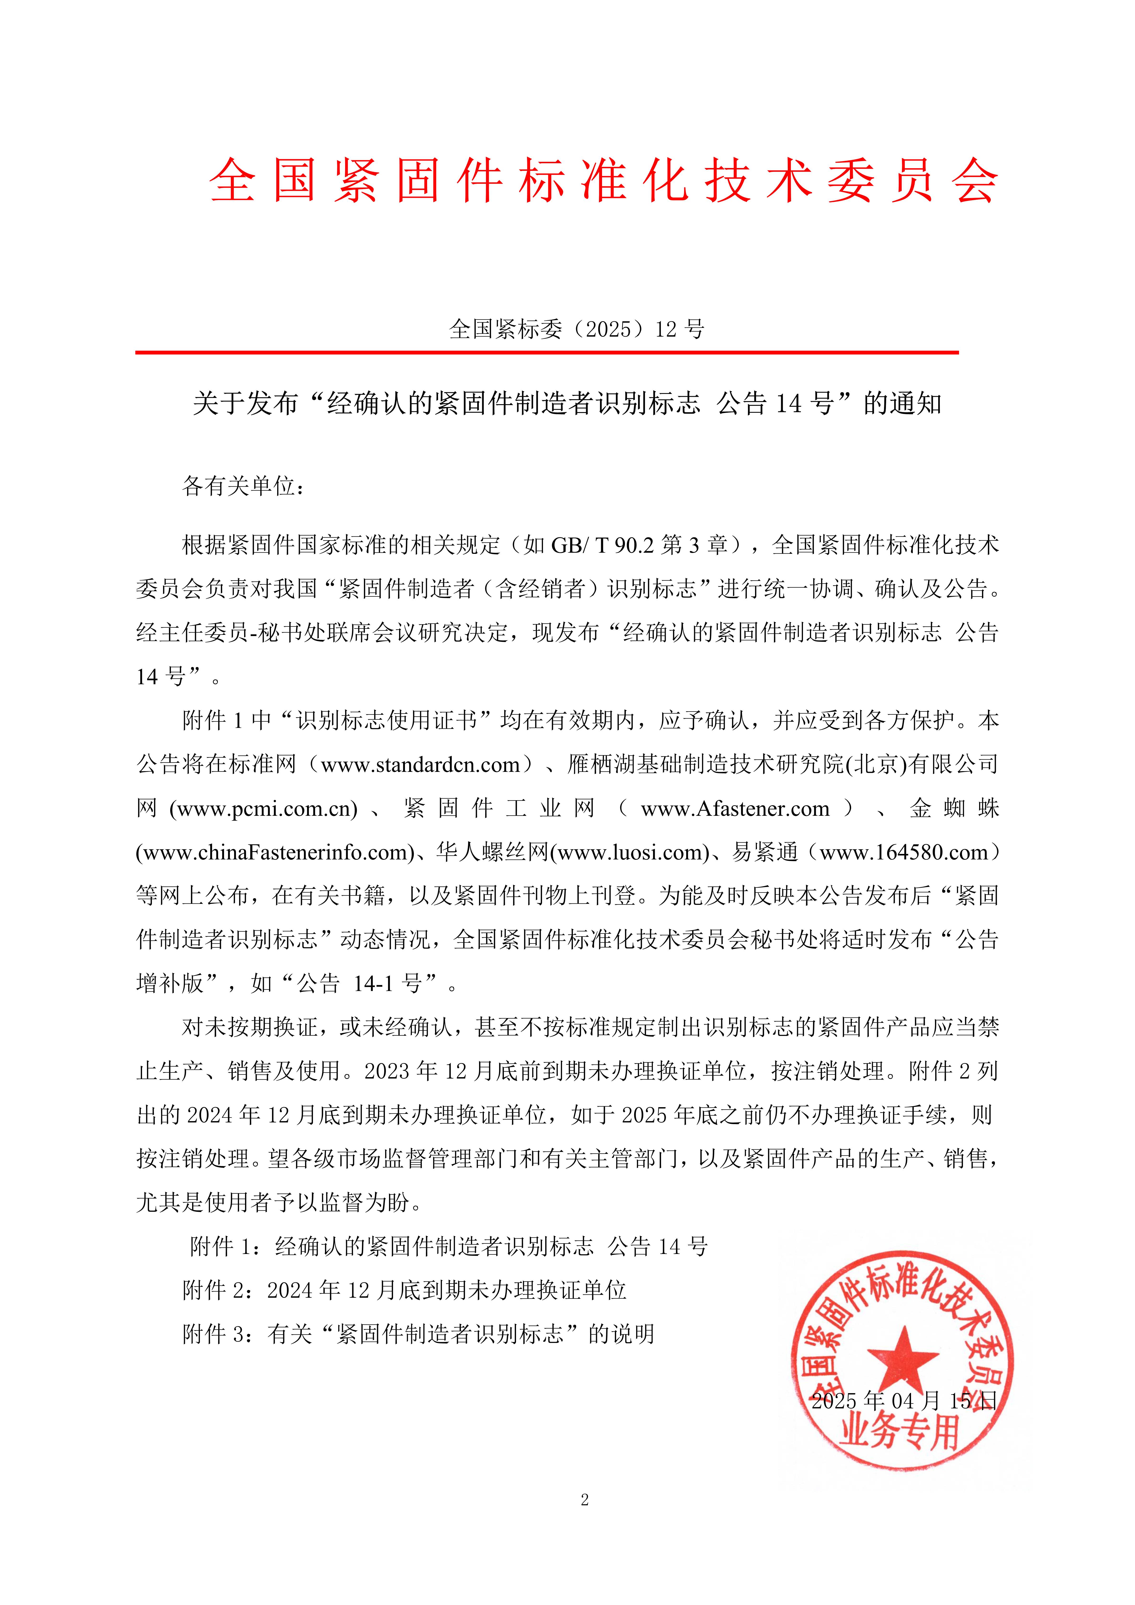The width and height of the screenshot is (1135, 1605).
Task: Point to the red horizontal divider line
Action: coord(547,352)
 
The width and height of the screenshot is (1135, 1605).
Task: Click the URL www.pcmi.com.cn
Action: coord(263,809)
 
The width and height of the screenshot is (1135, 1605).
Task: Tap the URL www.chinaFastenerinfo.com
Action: coord(275,853)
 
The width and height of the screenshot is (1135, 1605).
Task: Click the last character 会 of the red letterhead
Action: coord(974,180)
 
